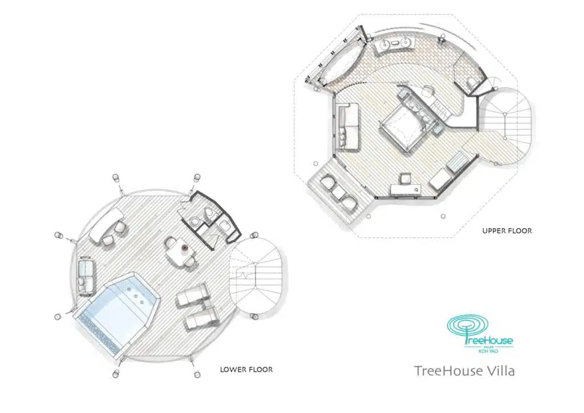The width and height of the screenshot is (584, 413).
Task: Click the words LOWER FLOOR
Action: (246, 370)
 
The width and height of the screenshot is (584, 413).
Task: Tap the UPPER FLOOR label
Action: (506, 231)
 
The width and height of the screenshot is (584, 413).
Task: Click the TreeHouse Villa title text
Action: (464, 371)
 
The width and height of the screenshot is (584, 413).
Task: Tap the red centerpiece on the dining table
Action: (184, 248)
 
